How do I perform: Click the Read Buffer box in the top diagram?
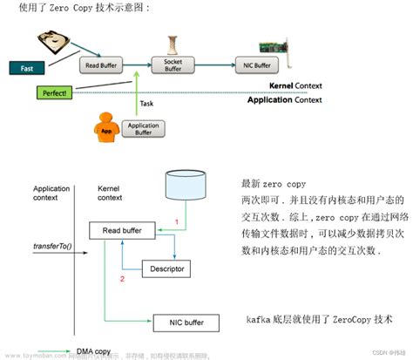click(102, 65)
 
